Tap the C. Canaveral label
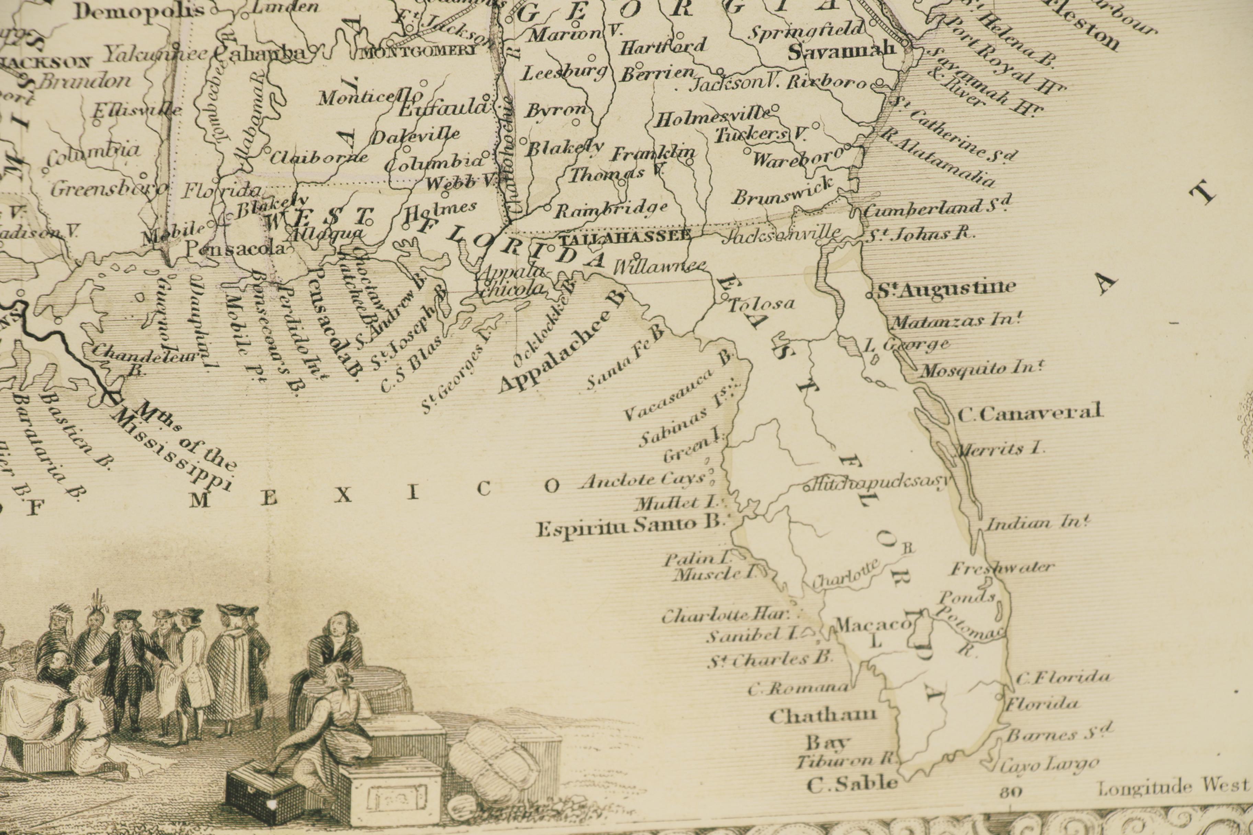[x=1029, y=413]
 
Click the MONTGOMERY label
[x=419, y=52]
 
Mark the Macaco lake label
[x=872, y=624]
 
